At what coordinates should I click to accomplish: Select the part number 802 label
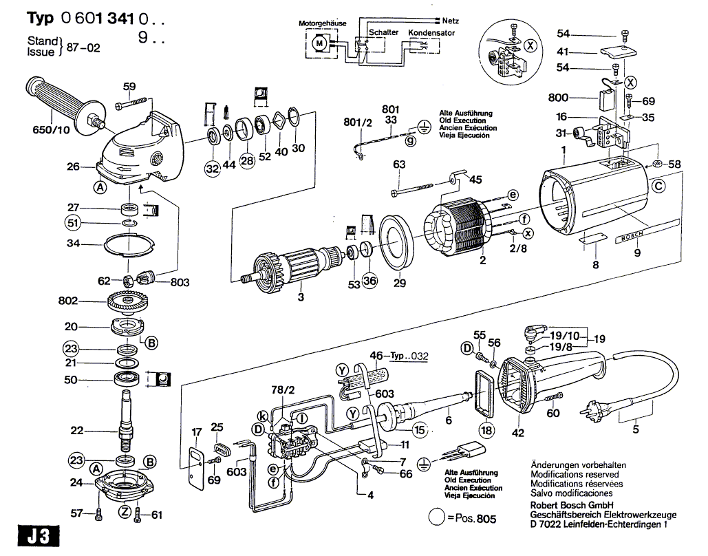[69, 301]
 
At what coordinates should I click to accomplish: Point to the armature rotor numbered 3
[296, 264]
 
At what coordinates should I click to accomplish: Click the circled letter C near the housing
[658, 186]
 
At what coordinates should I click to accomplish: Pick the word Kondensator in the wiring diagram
[431, 33]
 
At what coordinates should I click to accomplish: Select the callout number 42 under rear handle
[518, 433]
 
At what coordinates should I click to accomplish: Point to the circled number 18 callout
[487, 430]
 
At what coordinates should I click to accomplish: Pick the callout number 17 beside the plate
[197, 432]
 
